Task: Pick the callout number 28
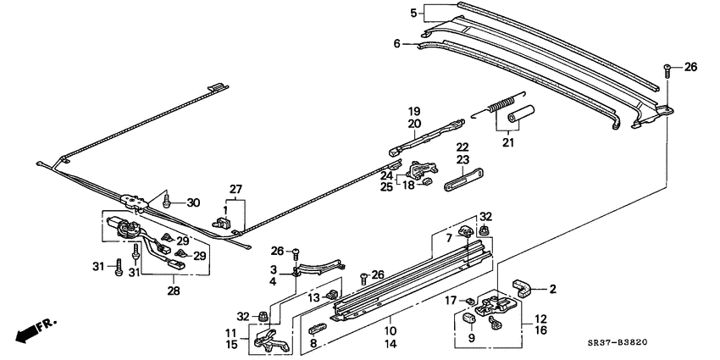click(174, 291)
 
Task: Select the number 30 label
click(194, 202)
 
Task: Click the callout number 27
click(235, 189)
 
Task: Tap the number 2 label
click(552, 289)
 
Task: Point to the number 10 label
click(392, 330)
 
